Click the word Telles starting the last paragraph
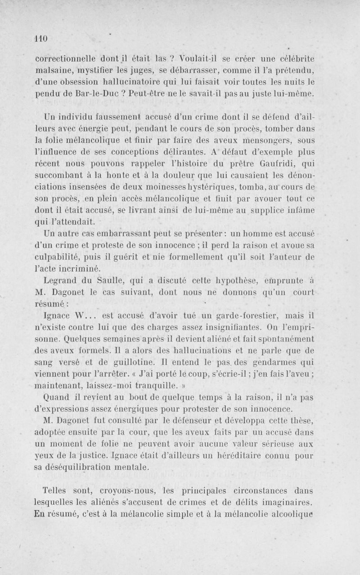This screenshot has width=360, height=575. (55, 490)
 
